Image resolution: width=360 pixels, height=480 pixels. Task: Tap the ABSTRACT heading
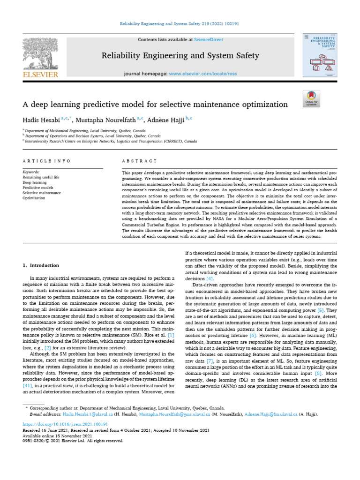pos(138,161)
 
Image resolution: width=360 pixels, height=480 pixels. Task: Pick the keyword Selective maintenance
pos(42,193)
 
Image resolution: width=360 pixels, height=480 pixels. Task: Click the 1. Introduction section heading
pos(41,265)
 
